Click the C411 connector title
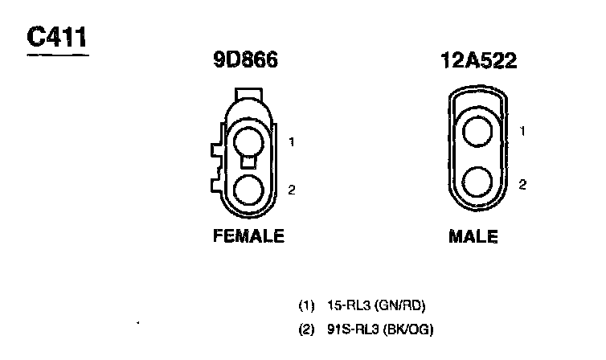tap(56, 37)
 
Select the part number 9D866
tap(245, 60)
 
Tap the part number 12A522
tap(478, 60)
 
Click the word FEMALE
tap(248, 235)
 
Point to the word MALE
tap(473, 236)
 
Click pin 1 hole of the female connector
tap(248, 142)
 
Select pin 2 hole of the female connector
tap(248, 190)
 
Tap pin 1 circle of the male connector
tap(477, 131)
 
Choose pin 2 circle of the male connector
tap(477, 182)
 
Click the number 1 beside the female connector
tap(292, 142)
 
